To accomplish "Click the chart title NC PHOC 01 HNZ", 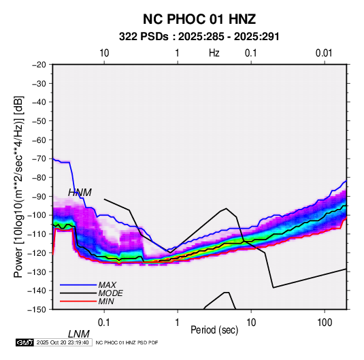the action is [199, 19].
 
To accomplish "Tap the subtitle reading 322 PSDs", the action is [144, 37].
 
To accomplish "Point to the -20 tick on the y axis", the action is [39, 65].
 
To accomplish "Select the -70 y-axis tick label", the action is [39, 159].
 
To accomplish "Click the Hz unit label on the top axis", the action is [214, 53].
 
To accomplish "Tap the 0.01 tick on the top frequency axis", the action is [324, 53].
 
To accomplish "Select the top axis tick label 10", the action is [104, 53].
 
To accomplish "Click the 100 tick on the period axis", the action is [325, 323].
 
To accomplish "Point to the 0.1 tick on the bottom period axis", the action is [104, 323].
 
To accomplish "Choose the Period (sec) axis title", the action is [214, 330].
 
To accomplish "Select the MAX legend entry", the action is [107, 284].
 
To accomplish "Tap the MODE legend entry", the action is [110, 293].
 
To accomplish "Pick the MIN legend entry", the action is [106, 301].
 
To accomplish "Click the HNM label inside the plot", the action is [80, 193].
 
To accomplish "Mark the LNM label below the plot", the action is [79, 334].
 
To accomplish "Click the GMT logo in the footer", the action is [24, 342].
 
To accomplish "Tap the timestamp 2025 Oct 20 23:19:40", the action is [63, 342].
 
